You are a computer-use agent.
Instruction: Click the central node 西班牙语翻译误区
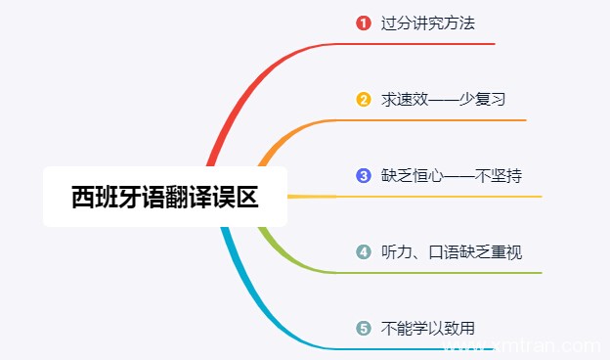click(x=165, y=197)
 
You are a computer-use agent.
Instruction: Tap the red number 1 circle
click(x=364, y=22)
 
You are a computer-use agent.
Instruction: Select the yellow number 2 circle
click(x=364, y=99)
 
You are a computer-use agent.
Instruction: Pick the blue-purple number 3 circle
click(x=364, y=175)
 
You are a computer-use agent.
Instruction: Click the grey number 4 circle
click(x=364, y=251)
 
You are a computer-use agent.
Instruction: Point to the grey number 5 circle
click(x=364, y=328)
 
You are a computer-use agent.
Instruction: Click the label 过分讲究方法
click(x=427, y=22)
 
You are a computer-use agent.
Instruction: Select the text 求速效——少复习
click(x=443, y=99)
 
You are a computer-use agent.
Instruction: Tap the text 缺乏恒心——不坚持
click(x=451, y=175)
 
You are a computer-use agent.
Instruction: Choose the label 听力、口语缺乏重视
click(x=451, y=251)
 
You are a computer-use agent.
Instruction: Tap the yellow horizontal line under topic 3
click(x=440, y=197)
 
